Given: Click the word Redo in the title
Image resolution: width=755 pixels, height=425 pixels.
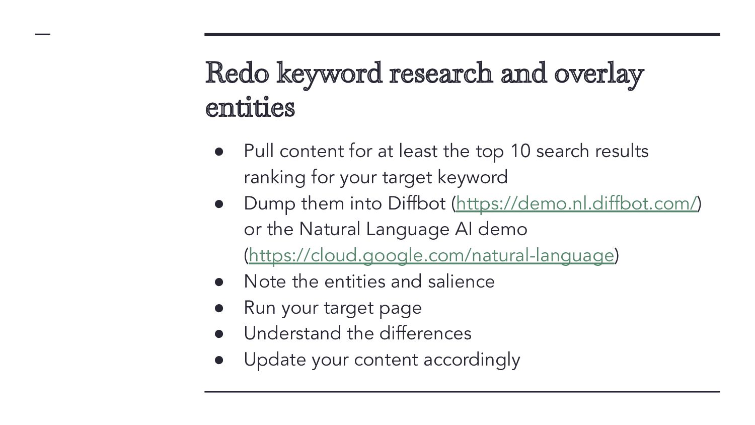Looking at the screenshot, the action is coord(237,73).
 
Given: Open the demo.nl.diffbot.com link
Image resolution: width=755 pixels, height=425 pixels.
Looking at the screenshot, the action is coord(576,204).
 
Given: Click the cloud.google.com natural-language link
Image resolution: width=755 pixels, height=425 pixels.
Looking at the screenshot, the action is coord(431,256).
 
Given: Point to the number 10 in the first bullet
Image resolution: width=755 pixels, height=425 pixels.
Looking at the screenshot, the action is coord(520,151).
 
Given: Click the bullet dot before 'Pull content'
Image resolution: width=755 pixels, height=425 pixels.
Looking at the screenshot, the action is coord(219,152).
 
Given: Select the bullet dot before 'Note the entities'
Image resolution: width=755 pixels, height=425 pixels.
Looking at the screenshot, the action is coord(219,282).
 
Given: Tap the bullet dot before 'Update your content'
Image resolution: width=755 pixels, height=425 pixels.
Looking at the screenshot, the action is coord(219,360).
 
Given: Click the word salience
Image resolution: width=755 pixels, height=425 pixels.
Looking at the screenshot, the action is coord(461,281).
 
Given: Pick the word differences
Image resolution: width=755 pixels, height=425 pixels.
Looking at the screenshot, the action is coord(425,333).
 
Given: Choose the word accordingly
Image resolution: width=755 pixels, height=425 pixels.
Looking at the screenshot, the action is coord(472,360).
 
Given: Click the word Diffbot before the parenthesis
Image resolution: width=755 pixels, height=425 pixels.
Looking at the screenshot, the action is coord(417,203).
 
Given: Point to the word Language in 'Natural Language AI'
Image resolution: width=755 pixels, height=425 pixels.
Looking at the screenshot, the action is coord(408,230).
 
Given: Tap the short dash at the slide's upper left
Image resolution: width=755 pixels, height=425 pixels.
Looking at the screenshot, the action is coord(43,34).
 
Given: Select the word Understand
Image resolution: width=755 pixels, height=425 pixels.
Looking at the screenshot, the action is coord(292,333).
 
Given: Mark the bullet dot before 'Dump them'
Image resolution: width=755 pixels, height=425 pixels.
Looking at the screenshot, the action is coord(219,204).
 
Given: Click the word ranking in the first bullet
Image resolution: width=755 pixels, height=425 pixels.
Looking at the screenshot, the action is coord(274,178).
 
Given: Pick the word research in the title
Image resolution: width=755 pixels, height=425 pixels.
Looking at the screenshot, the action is coord(440,73).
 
